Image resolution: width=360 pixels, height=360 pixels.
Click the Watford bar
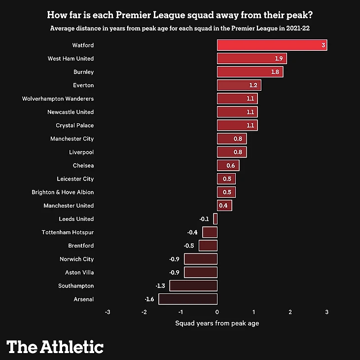(x=272, y=45)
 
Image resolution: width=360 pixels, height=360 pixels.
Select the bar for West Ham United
(x=252, y=59)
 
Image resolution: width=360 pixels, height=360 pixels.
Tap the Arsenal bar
(x=188, y=299)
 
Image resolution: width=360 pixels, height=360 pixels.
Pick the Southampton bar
(x=193, y=286)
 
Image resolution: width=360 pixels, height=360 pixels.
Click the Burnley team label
(x=83, y=72)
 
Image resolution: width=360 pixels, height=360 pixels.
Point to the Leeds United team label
(x=76, y=219)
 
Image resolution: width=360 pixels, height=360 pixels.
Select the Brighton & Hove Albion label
(x=63, y=192)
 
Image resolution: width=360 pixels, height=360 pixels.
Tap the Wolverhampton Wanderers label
(x=58, y=99)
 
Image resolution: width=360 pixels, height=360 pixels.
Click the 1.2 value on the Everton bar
(x=253, y=85)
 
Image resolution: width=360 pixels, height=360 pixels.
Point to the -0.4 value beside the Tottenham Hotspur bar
(x=192, y=232)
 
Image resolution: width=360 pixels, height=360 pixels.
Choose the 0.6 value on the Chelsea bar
(x=231, y=166)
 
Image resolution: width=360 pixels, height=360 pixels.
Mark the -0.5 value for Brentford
(x=189, y=246)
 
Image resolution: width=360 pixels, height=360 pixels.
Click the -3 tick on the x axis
(x=108, y=312)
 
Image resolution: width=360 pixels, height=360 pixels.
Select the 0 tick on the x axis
(x=217, y=312)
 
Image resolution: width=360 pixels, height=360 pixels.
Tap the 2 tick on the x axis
(x=290, y=312)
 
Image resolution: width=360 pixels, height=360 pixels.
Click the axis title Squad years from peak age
(x=217, y=324)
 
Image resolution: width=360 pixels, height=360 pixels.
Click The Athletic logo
(x=55, y=347)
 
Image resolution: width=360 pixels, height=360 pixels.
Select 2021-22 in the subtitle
(x=299, y=28)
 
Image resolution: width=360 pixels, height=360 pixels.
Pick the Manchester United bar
(x=224, y=206)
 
